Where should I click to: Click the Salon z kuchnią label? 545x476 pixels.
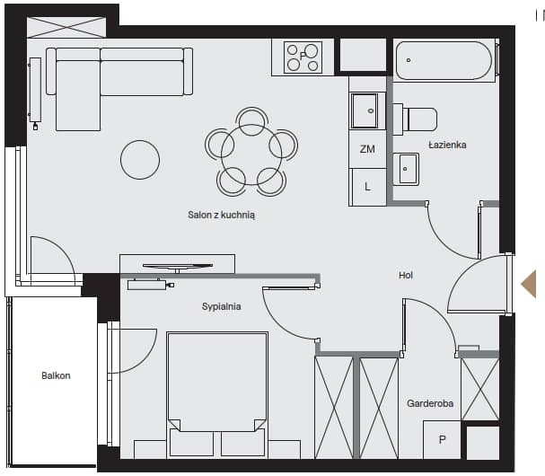[x=221, y=215]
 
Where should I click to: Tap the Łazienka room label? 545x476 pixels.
[x=447, y=145]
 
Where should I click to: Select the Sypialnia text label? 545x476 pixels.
[x=222, y=306]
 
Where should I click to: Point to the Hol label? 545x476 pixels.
[x=406, y=275]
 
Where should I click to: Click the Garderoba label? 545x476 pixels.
[x=430, y=403]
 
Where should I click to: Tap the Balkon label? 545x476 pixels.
[x=56, y=375]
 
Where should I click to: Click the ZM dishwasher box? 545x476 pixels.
[x=367, y=149]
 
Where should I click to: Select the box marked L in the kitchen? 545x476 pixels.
[x=368, y=187]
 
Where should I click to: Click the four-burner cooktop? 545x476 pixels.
[x=303, y=57]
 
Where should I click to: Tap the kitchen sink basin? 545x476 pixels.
[x=365, y=110]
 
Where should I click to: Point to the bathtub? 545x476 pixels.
[x=444, y=61]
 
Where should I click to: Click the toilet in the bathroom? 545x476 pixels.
[x=415, y=119]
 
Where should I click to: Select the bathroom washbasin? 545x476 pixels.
[x=406, y=169]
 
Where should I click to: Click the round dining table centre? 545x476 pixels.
[x=251, y=154]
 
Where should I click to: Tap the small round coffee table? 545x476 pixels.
[x=140, y=160]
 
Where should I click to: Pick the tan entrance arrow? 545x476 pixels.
[x=529, y=284]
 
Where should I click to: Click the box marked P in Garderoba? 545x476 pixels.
[x=442, y=440]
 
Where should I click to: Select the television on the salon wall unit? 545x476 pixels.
[x=178, y=267]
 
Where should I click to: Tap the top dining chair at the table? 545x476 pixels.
[x=251, y=121]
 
